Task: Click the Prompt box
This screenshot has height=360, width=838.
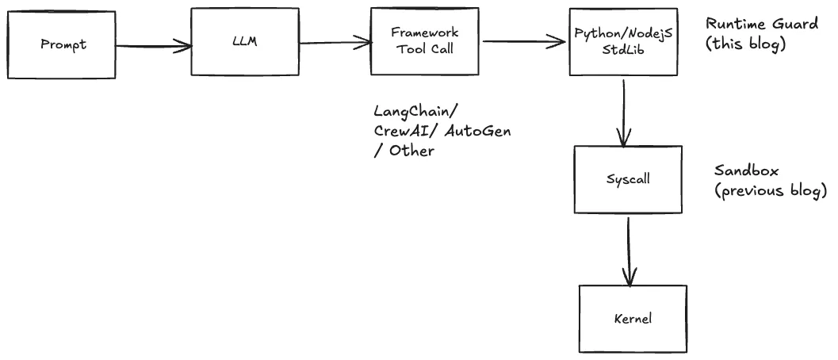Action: click(x=63, y=44)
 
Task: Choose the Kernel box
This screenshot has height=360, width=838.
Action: click(x=633, y=319)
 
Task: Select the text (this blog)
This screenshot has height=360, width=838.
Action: click(x=744, y=44)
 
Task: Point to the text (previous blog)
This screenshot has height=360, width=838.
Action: click(x=770, y=191)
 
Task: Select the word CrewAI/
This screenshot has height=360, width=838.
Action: click(x=408, y=131)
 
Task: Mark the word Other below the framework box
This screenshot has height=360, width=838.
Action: click(x=411, y=150)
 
